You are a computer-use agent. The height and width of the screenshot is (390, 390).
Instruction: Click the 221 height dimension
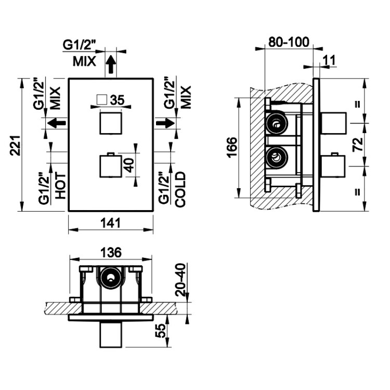[16, 146]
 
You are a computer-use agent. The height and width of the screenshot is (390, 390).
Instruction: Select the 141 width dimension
[111, 223]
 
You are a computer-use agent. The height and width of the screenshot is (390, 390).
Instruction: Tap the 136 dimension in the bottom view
[111, 253]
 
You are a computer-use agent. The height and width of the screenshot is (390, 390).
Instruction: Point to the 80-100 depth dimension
[289, 42]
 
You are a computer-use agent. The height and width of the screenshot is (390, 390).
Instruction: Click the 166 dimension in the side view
[232, 147]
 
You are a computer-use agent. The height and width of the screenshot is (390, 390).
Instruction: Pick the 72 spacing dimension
[358, 144]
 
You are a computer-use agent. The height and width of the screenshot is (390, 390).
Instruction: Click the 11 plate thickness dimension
[330, 60]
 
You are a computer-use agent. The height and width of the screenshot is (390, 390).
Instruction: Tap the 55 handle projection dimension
[161, 331]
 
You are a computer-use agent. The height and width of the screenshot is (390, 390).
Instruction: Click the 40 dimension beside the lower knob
[130, 165]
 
